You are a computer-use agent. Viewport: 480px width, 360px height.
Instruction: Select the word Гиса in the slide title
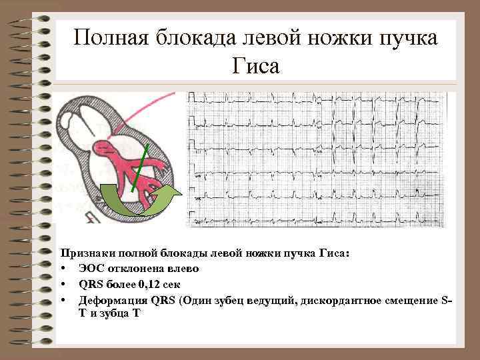tap(257, 66)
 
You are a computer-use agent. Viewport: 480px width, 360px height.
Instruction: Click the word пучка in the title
tap(405, 37)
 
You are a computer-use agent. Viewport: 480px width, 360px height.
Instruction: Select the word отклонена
tap(133, 269)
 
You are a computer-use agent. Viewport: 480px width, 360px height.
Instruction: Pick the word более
tap(117, 284)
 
